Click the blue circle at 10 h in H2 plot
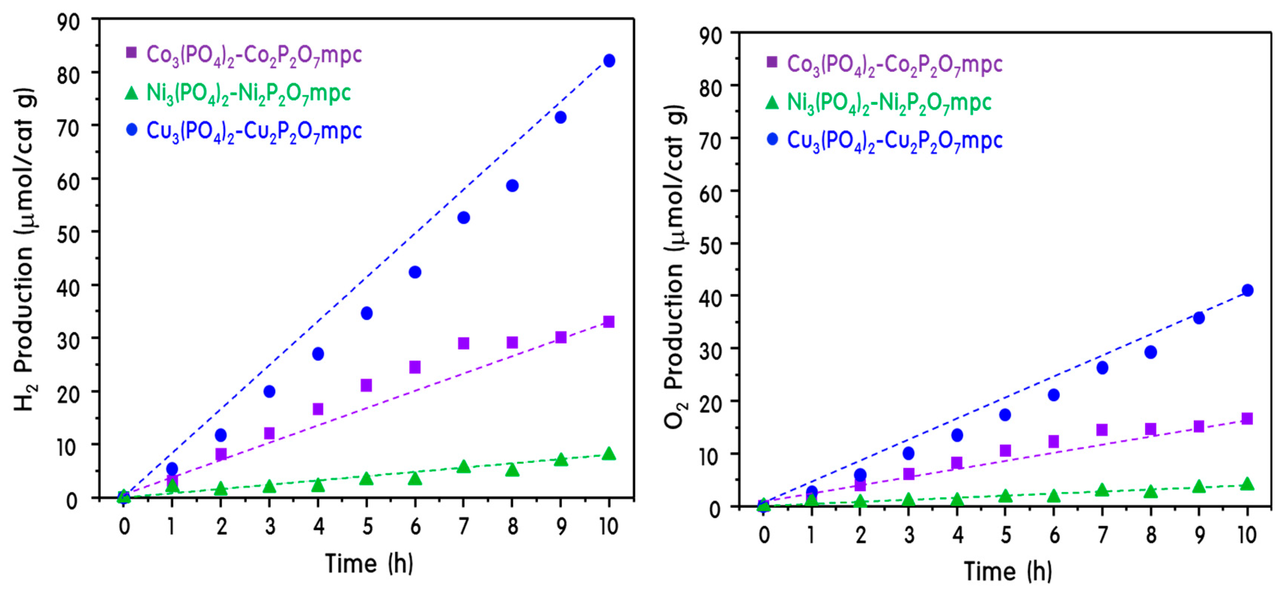tap(609, 61)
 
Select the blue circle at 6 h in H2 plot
tap(415, 272)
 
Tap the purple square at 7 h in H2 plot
tap(463, 343)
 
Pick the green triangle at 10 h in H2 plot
tap(609, 454)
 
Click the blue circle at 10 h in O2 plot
tap(1247, 290)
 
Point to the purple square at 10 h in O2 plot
tap(1247, 419)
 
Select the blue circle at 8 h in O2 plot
tap(1150, 352)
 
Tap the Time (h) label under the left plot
tap(369, 563)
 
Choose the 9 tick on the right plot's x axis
tap(1199, 535)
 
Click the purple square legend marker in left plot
tap(131, 53)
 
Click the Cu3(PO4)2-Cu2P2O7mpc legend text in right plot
tap(895, 141)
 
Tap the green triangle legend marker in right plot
tap(772, 102)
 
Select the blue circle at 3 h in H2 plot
tap(269, 391)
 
